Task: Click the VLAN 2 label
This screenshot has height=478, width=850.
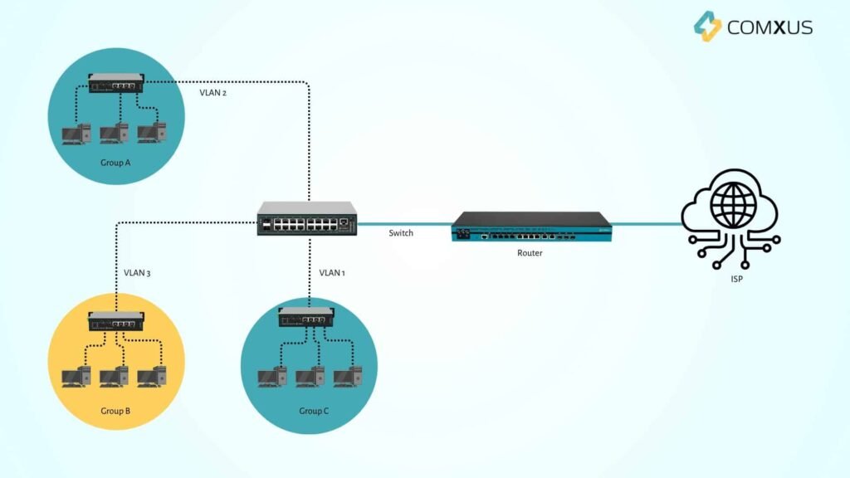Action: pyautogui.click(x=212, y=93)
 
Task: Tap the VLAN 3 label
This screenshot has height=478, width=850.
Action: pyautogui.click(x=136, y=272)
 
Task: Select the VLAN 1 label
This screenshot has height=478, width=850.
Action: pyautogui.click(x=332, y=272)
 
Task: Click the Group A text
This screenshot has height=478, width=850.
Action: pyautogui.click(x=115, y=163)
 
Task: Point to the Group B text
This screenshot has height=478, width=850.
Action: pyautogui.click(x=115, y=411)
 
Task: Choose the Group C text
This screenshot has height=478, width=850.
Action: pyautogui.click(x=314, y=411)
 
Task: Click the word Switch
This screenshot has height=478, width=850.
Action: pyautogui.click(x=401, y=233)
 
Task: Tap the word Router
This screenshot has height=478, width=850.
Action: pyautogui.click(x=530, y=253)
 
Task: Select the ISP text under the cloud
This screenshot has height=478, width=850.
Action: pyautogui.click(x=730, y=280)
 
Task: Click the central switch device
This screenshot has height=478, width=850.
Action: pyautogui.click(x=307, y=219)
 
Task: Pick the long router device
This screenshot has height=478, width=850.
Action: pyautogui.click(x=532, y=227)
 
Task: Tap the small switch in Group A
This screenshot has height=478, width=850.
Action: pyautogui.click(x=116, y=82)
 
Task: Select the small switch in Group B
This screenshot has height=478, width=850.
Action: pyautogui.click(x=116, y=322)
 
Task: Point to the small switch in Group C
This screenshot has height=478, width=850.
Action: pyautogui.click(x=309, y=316)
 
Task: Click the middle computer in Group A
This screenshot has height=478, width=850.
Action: pyautogui.click(x=114, y=133)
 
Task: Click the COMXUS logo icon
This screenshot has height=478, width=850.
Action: pyautogui.click(x=707, y=26)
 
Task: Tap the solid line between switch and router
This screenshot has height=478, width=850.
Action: pyautogui.click(x=405, y=224)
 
